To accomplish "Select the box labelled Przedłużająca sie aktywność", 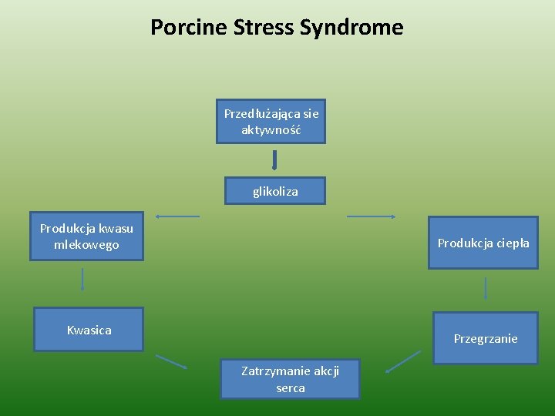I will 271,121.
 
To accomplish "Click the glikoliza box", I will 275,191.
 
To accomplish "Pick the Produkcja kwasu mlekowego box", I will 86,237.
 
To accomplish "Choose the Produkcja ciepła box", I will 483,243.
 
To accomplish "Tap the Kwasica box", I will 89,330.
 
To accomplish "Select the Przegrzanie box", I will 485,338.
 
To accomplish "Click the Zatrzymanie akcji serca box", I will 290,379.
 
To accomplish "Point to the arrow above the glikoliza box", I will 274,159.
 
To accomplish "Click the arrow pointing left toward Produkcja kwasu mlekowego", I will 177,216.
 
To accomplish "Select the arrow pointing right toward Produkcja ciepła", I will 372,216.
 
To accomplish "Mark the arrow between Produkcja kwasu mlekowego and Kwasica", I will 82,279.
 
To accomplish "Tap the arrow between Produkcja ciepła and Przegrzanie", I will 486,288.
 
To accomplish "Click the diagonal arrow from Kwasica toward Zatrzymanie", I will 171,361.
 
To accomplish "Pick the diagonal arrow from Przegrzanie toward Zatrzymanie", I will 403,361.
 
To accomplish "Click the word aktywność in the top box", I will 271,129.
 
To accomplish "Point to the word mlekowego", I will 86,245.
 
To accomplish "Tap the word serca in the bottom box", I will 291,388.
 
